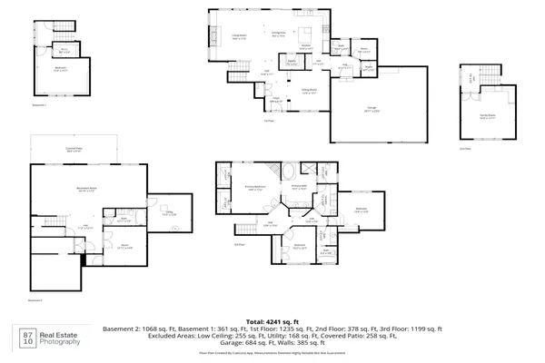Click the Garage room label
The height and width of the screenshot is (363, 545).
pos(372,109)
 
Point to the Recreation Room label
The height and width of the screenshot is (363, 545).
pos(87,190)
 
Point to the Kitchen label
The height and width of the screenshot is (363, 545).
pos(306,46)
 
